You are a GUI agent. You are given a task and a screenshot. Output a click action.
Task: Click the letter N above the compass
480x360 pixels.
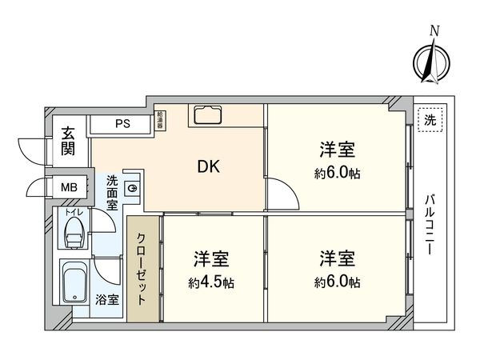pos(434,30)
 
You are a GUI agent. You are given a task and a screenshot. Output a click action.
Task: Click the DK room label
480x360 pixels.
pos(210,167)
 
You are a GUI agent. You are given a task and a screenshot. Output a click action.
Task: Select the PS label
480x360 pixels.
pos(122,124)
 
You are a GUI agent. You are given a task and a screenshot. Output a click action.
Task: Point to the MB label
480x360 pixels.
pos(70,187)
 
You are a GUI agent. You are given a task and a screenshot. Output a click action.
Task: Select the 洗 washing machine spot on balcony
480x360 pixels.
pos(430,121)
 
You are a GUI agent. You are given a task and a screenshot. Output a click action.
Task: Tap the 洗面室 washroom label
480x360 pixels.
pos(113,192)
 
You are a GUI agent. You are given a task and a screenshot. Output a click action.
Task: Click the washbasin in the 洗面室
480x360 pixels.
pos(133,189)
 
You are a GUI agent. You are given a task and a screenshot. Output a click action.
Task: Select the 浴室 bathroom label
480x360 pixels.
pos(107,300)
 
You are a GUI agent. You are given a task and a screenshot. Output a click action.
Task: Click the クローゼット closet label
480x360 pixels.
pos(142,269)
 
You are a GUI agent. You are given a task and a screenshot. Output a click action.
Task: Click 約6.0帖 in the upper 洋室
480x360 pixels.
pos(337,172)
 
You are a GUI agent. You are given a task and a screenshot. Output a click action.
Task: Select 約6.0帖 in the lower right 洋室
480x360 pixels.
pos(337,282)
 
